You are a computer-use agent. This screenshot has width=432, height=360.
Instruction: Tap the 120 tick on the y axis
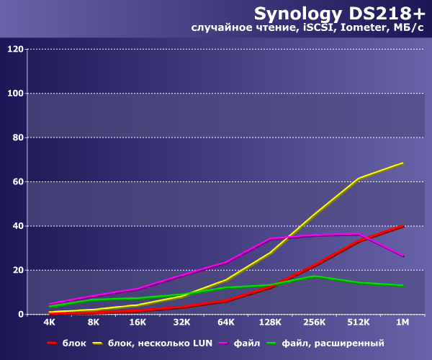pyautogui.click(x=15, y=50)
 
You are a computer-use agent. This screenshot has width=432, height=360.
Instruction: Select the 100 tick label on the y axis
pyautogui.click(x=15, y=94)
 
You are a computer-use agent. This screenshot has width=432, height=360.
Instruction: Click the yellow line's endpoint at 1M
pyautogui.click(x=402, y=163)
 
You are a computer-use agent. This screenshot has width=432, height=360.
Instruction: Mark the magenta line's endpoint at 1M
pyautogui.click(x=402, y=256)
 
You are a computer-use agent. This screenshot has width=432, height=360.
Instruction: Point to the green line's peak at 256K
pyautogui.click(x=314, y=276)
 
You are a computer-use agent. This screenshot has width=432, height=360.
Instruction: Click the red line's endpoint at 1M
pyautogui.click(x=402, y=226)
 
